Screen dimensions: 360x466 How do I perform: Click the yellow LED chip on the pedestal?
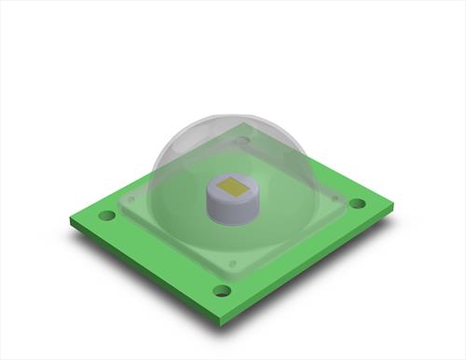233,187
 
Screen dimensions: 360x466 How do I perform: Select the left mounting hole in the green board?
107,215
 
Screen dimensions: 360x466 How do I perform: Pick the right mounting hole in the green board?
357,203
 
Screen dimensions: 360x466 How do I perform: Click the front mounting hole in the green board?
222,290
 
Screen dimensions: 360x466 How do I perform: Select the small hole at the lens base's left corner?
130,199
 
